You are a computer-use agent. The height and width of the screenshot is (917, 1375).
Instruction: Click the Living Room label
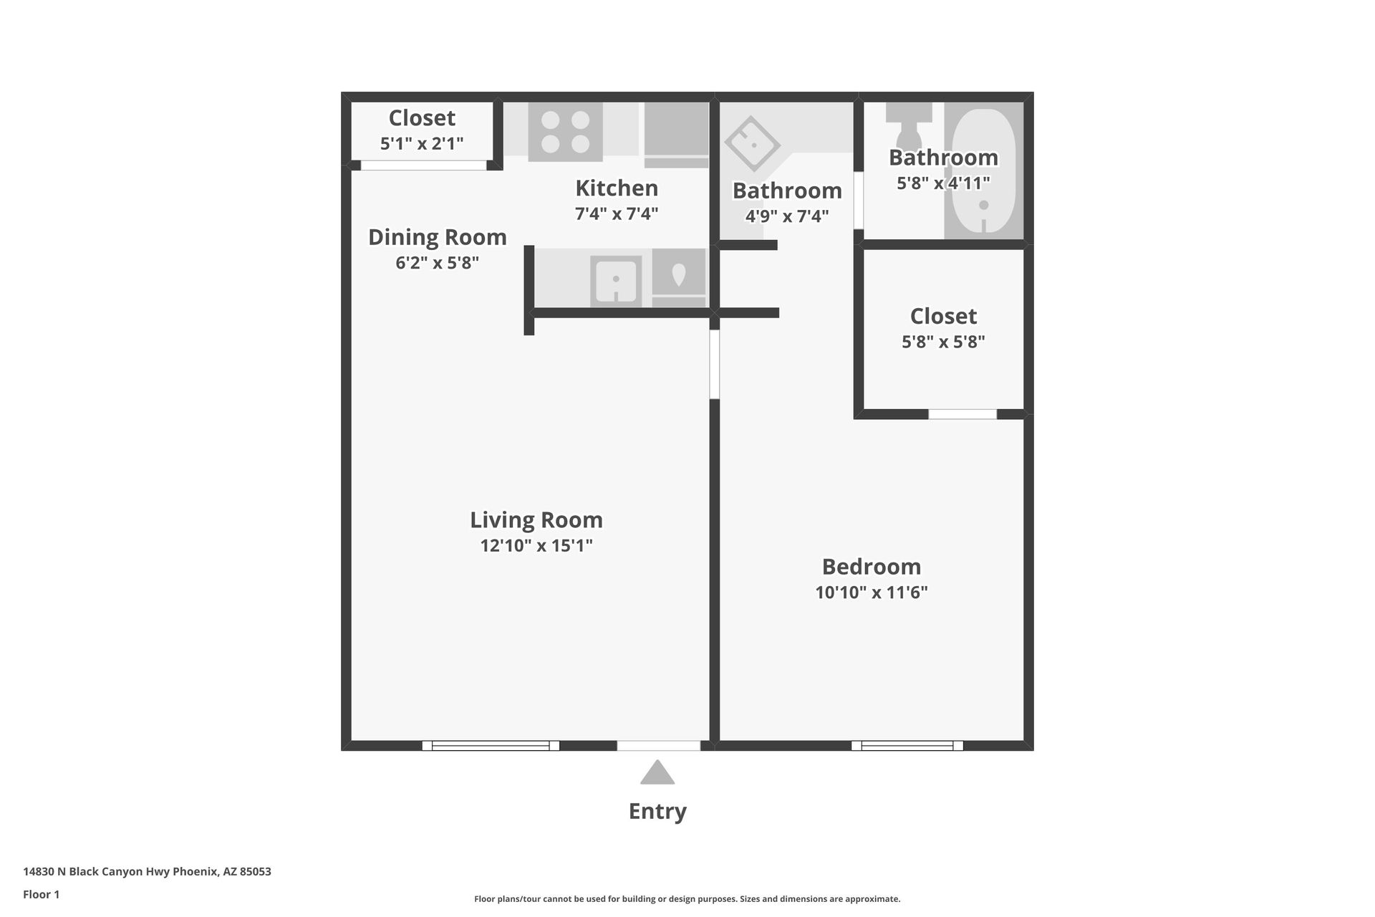pyautogui.click(x=536, y=519)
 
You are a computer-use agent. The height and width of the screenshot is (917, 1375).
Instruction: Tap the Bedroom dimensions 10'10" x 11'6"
pyautogui.click(x=871, y=592)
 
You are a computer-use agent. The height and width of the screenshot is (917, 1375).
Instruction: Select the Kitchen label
pyautogui.click(x=616, y=188)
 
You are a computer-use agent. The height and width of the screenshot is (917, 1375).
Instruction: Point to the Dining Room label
pyautogui.click(x=437, y=237)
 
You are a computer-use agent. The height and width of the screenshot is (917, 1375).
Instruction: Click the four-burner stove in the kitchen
pyautogui.click(x=565, y=132)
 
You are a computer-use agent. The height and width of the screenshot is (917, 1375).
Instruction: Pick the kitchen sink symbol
pyautogui.click(x=616, y=280)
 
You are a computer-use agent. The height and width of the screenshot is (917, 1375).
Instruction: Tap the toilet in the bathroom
pyautogui.click(x=908, y=129)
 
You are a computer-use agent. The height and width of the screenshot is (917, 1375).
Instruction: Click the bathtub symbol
pyautogui.click(x=983, y=172)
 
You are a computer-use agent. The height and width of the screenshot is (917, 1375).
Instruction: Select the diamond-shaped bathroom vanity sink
pyautogui.click(x=752, y=144)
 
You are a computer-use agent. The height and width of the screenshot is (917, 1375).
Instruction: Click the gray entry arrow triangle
pyautogui.click(x=657, y=773)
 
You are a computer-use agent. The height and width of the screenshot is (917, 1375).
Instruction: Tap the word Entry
pyautogui.click(x=657, y=811)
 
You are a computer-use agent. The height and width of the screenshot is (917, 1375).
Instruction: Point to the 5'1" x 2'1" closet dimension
pyautogui.click(x=422, y=143)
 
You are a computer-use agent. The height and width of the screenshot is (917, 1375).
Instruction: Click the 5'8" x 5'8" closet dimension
pyautogui.click(x=943, y=342)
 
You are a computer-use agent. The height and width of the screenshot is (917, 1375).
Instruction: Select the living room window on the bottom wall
pyautogui.click(x=491, y=746)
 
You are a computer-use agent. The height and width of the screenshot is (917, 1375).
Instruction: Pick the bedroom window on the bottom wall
pyautogui.click(x=907, y=746)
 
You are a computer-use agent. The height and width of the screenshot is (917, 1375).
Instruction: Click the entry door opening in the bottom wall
pyautogui.click(x=658, y=746)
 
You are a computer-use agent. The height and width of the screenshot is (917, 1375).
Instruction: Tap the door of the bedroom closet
pyautogui.click(x=962, y=414)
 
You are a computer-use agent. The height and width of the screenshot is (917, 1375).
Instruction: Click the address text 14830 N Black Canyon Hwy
pyautogui.click(x=147, y=872)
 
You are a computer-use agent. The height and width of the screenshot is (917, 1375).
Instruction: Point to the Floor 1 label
pyautogui.click(x=41, y=894)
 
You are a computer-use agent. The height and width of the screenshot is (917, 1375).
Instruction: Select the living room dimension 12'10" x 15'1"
pyautogui.click(x=536, y=546)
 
